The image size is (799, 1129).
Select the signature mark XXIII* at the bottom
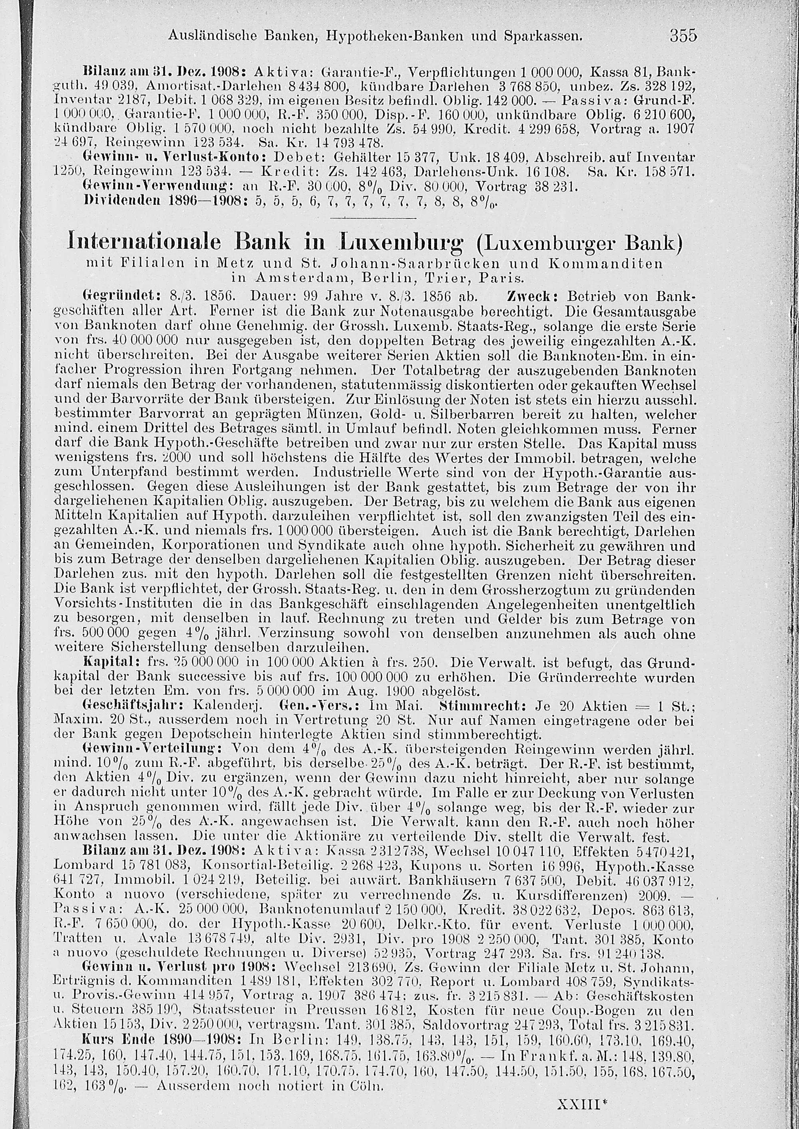pyautogui.click(x=582, y=1104)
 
